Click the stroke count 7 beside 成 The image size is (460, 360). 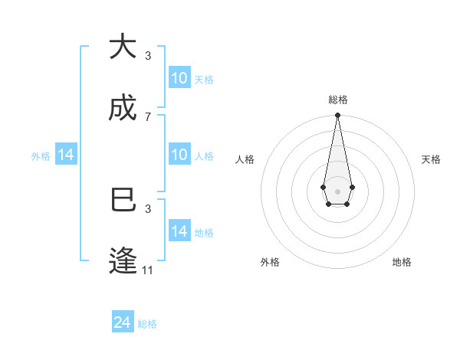click(x=148, y=117)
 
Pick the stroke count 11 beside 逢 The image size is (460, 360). click(x=148, y=270)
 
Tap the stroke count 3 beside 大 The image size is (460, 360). click(x=148, y=56)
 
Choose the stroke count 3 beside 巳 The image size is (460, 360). click(x=148, y=208)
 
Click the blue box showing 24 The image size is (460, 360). click(x=123, y=322)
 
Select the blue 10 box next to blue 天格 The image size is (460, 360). click(x=179, y=78)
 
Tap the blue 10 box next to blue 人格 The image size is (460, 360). click(x=179, y=155)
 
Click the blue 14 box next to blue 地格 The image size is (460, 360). click(x=179, y=231)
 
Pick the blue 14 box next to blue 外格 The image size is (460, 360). click(x=66, y=155)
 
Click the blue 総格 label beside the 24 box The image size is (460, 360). click(x=147, y=324)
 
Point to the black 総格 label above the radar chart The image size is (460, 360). click(x=337, y=100)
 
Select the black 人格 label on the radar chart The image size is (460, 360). click(x=245, y=159)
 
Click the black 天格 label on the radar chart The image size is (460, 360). click(x=432, y=159)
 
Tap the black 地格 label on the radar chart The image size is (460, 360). click(x=402, y=262)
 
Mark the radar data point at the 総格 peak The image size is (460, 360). click(x=337, y=115)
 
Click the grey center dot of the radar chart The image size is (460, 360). click(x=337, y=191)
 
